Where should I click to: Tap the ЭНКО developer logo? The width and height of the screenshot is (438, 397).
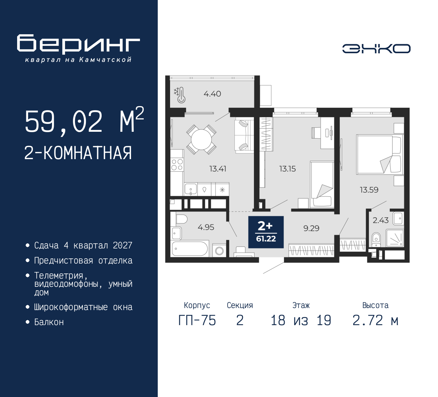[x=376, y=49]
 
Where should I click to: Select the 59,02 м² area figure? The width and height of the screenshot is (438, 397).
[x=84, y=121]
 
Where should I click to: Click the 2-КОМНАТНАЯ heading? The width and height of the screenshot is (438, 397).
[x=78, y=153]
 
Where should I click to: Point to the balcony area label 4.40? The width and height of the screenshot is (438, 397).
[x=212, y=94]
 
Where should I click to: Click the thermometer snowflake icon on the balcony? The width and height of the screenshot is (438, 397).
[x=180, y=95]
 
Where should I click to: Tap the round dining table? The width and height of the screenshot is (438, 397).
[x=201, y=139]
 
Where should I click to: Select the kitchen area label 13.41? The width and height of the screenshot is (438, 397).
[x=218, y=169]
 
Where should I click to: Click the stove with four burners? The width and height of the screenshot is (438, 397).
[x=177, y=165]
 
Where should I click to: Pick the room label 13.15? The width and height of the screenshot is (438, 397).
[x=287, y=169]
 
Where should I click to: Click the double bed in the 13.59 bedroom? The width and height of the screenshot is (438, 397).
[x=378, y=154]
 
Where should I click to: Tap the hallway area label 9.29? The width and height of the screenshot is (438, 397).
[x=311, y=228]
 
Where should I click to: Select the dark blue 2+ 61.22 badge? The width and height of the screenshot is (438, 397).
[x=266, y=232]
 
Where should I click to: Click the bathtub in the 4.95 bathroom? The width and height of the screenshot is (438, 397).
[x=190, y=248]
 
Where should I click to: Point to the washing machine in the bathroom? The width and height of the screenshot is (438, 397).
[x=219, y=251]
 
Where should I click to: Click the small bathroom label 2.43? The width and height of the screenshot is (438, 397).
[x=381, y=220]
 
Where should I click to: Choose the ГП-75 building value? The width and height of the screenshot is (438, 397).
[x=197, y=320]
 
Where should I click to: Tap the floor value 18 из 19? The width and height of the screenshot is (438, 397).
[x=301, y=320]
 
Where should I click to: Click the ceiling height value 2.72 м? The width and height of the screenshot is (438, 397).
[x=375, y=320]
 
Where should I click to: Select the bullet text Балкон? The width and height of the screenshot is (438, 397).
[x=49, y=322]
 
